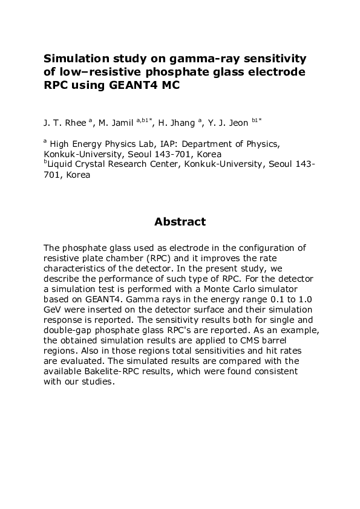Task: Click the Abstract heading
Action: point(180,222)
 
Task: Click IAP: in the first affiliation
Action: point(160,144)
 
